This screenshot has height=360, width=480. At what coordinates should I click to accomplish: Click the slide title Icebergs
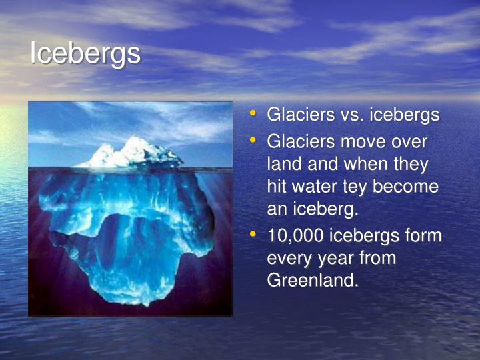(85, 54)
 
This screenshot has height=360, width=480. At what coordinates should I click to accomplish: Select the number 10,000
(295, 236)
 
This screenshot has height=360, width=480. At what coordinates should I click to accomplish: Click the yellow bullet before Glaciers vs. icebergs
(253, 113)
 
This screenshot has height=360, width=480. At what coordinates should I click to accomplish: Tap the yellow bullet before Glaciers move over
(253, 141)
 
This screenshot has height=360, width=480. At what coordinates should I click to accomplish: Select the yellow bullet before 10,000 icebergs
(253, 235)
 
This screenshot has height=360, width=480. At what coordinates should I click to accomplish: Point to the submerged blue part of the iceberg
(127, 233)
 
